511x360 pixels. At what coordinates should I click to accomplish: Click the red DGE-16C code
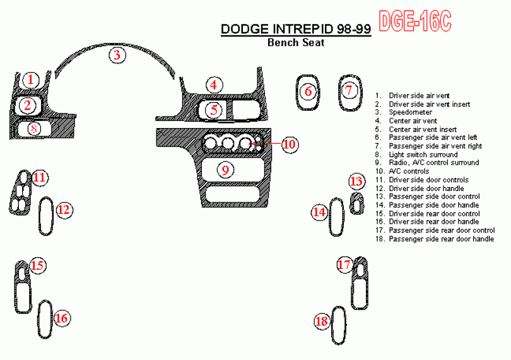[415, 21]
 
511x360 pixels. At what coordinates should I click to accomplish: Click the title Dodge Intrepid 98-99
[296, 29]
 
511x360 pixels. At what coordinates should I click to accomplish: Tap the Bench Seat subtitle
[296, 42]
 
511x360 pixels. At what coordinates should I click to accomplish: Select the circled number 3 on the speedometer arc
[117, 55]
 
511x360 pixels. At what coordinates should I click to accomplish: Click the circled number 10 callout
[290, 144]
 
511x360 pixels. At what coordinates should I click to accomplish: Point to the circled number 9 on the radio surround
[225, 170]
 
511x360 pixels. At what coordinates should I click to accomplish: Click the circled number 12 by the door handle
[64, 210]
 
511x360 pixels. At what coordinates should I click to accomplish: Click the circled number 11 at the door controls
[40, 178]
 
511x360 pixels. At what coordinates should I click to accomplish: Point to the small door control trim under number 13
[357, 204]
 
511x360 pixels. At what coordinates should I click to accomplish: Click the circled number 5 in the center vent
[214, 110]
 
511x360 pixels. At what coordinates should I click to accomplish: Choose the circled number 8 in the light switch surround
[34, 129]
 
